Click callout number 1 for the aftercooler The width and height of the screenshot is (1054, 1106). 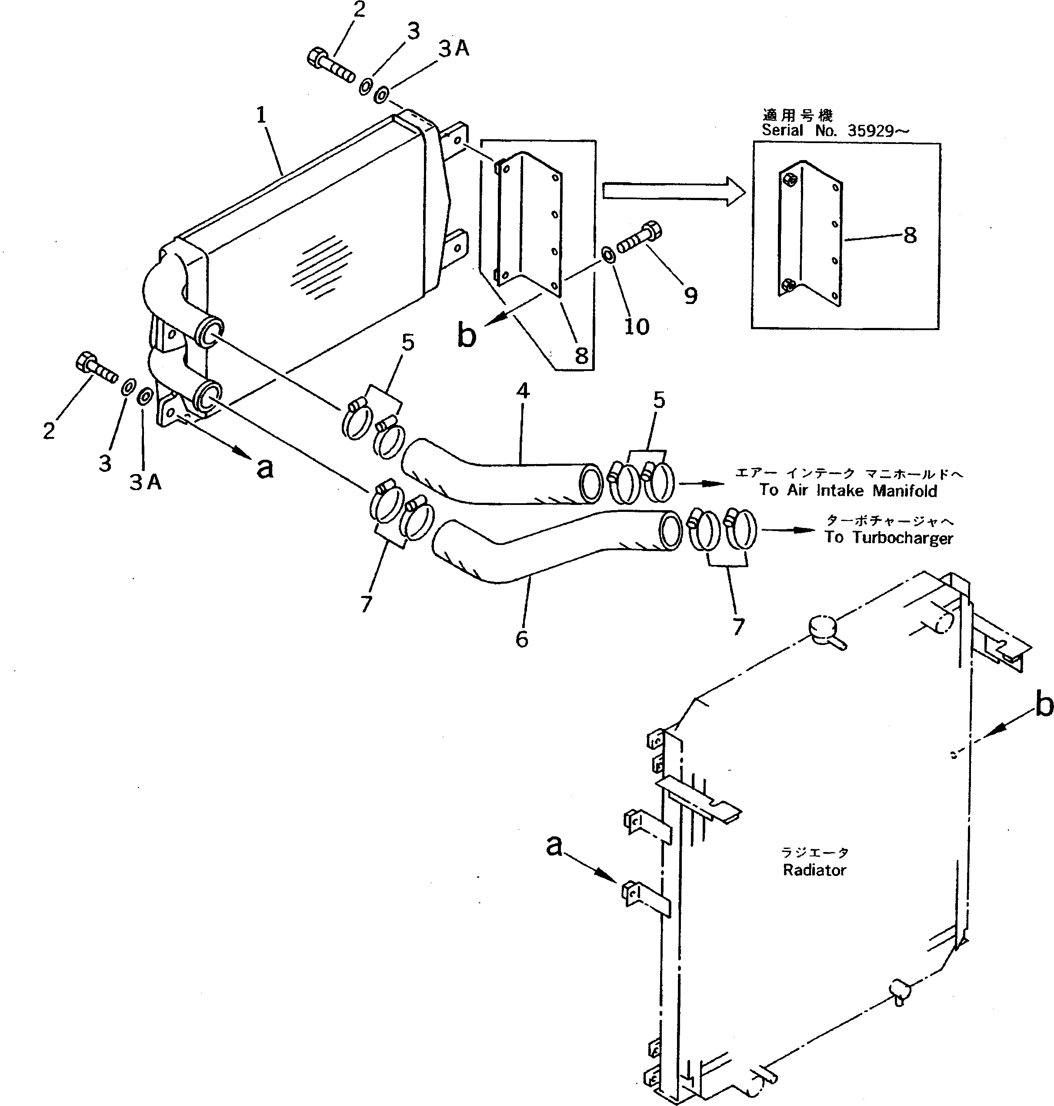[261, 115]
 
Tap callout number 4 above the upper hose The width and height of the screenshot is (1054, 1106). [523, 391]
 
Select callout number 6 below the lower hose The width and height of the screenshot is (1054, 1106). [522, 639]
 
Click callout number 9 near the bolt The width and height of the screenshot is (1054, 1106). [690, 296]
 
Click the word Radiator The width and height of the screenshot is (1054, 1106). [814, 871]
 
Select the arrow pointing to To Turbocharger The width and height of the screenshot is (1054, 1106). [789, 530]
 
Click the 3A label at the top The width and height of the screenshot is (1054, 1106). [454, 50]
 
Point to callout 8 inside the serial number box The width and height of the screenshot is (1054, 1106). [910, 235]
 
